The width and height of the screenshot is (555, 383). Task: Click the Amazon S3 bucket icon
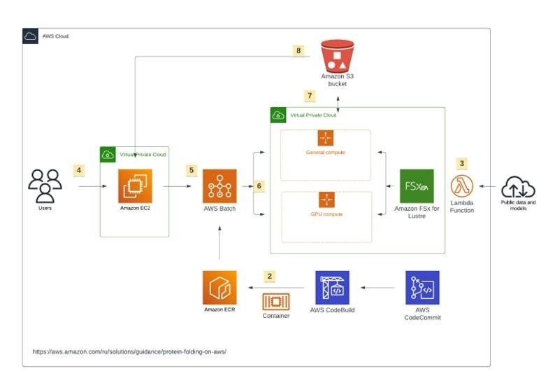coord(338,55)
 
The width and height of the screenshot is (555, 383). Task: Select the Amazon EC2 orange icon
coord(135,186)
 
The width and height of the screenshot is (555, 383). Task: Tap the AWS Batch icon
coord(220,187)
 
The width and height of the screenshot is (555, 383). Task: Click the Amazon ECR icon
coord(219,287)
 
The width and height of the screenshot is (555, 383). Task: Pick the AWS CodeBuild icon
coord(332,287)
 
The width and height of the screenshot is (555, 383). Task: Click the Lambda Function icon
coord(462,187)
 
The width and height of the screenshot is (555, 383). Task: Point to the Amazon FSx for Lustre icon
coord(417,186)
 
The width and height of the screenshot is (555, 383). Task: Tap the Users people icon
coord(45,185)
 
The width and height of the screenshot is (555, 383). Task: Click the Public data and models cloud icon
coord(518,187)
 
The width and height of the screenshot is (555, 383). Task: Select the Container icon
coord(275,302)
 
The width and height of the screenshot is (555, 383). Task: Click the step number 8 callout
coord(299,50)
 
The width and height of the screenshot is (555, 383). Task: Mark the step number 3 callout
coord(461,163)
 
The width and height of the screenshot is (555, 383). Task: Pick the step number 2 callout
coord(271,276)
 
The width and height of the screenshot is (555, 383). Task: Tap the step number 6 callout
coord(259,186)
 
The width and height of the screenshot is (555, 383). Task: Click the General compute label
coord(325,152)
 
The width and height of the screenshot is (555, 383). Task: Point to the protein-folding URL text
coord(129,351)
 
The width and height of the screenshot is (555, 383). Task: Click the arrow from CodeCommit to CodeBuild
coord(377,287)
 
